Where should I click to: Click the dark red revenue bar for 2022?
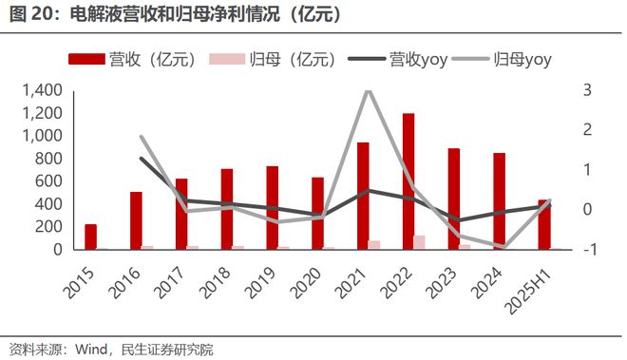408,181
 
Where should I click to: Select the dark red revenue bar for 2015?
90,237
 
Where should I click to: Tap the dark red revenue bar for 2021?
363,196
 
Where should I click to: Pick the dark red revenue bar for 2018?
227,209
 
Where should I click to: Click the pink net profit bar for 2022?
420,242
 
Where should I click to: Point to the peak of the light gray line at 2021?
369,90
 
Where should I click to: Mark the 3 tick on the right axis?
588,90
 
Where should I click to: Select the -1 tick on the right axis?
590,250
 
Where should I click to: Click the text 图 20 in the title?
28,15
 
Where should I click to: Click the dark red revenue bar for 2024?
499,201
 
